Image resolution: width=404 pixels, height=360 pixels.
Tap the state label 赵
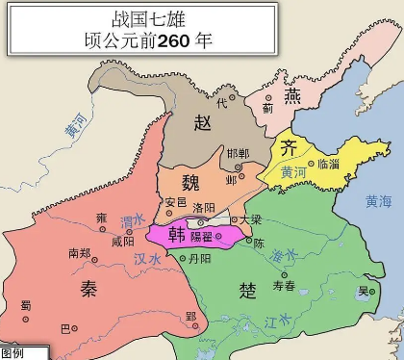coord(202,122)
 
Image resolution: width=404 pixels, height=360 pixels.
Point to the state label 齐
coord(289,149)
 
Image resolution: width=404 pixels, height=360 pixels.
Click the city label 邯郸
coord(238,154)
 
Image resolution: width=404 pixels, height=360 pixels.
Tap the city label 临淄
coord(328,164)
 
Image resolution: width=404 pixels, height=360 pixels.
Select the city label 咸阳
coord(123,242)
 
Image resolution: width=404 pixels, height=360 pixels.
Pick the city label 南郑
coord(80,255)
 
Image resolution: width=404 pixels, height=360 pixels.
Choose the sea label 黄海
coord(379,201)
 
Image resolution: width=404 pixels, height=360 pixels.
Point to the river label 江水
coord(275,319)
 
